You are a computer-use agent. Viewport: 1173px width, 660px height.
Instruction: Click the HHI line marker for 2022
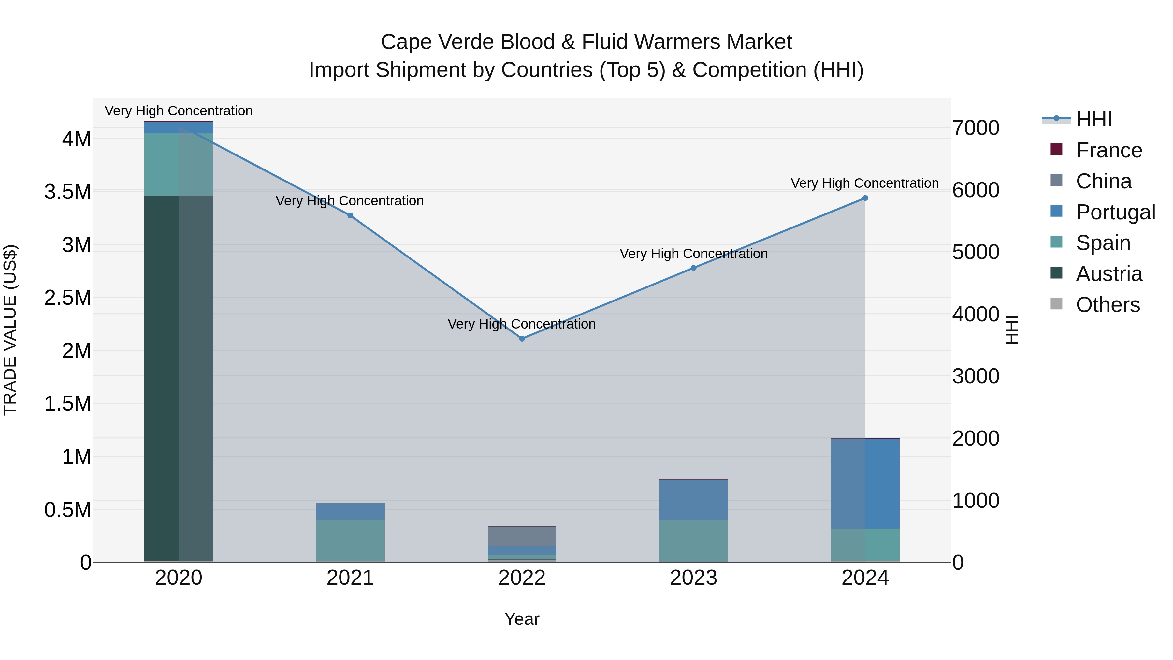(x=522, y=338)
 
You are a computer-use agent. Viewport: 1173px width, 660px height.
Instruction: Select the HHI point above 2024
(x=865, y=198)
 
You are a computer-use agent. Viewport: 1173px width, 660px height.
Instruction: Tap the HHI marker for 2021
(x=350, y=215)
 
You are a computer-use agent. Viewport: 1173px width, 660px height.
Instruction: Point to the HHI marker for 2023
(x=693, y=268)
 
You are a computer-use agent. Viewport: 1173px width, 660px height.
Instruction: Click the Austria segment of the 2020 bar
(x=179, y=378)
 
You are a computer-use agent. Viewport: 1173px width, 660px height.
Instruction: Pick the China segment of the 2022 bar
(x=522, y=536)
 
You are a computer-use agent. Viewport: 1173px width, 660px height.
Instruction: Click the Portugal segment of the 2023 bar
(x=693, y=500)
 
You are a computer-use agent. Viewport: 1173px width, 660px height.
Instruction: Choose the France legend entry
(x=1108, y=150)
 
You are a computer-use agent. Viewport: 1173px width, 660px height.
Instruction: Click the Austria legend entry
(x=1108, y=274)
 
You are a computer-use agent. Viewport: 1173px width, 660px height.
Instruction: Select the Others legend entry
(x=1108, y=305)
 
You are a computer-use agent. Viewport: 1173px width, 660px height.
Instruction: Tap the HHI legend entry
(x=1094, y=119)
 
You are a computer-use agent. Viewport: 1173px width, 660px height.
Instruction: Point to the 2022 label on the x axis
(x=522, y=578)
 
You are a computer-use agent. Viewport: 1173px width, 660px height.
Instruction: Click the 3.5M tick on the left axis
(x=68, y=192)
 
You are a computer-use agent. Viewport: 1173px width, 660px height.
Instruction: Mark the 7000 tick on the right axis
(x=976, y=128)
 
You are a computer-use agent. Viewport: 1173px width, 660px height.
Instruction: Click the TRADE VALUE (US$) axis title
(x=10, y=330)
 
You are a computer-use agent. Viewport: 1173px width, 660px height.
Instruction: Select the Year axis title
(x=522, y=619)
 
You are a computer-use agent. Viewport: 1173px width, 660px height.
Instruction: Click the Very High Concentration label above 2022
(x=522, y=324)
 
